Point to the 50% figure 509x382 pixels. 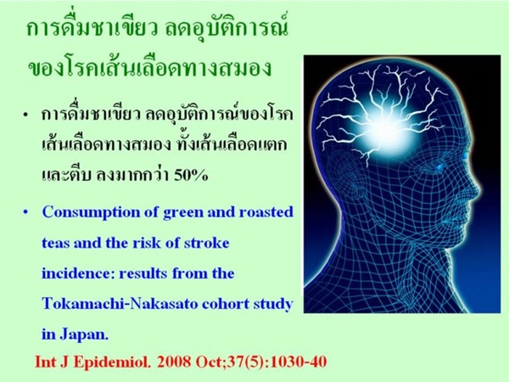click(191, 176)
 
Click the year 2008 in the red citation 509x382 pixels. click(176, 362)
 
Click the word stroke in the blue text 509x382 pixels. click(207, 244)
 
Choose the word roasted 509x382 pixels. click(266, 212)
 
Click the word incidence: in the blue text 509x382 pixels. click(78, 273)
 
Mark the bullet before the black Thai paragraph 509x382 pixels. click(25, 115)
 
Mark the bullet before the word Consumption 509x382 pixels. click(25, 213)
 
